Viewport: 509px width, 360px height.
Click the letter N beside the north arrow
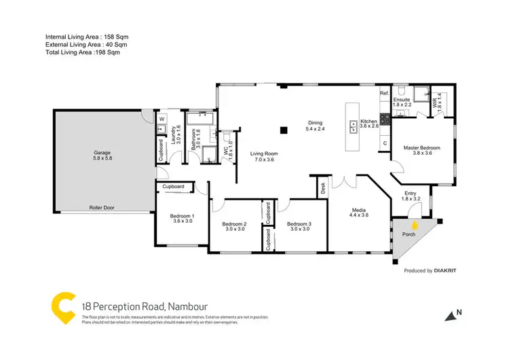tap(459, 312)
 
